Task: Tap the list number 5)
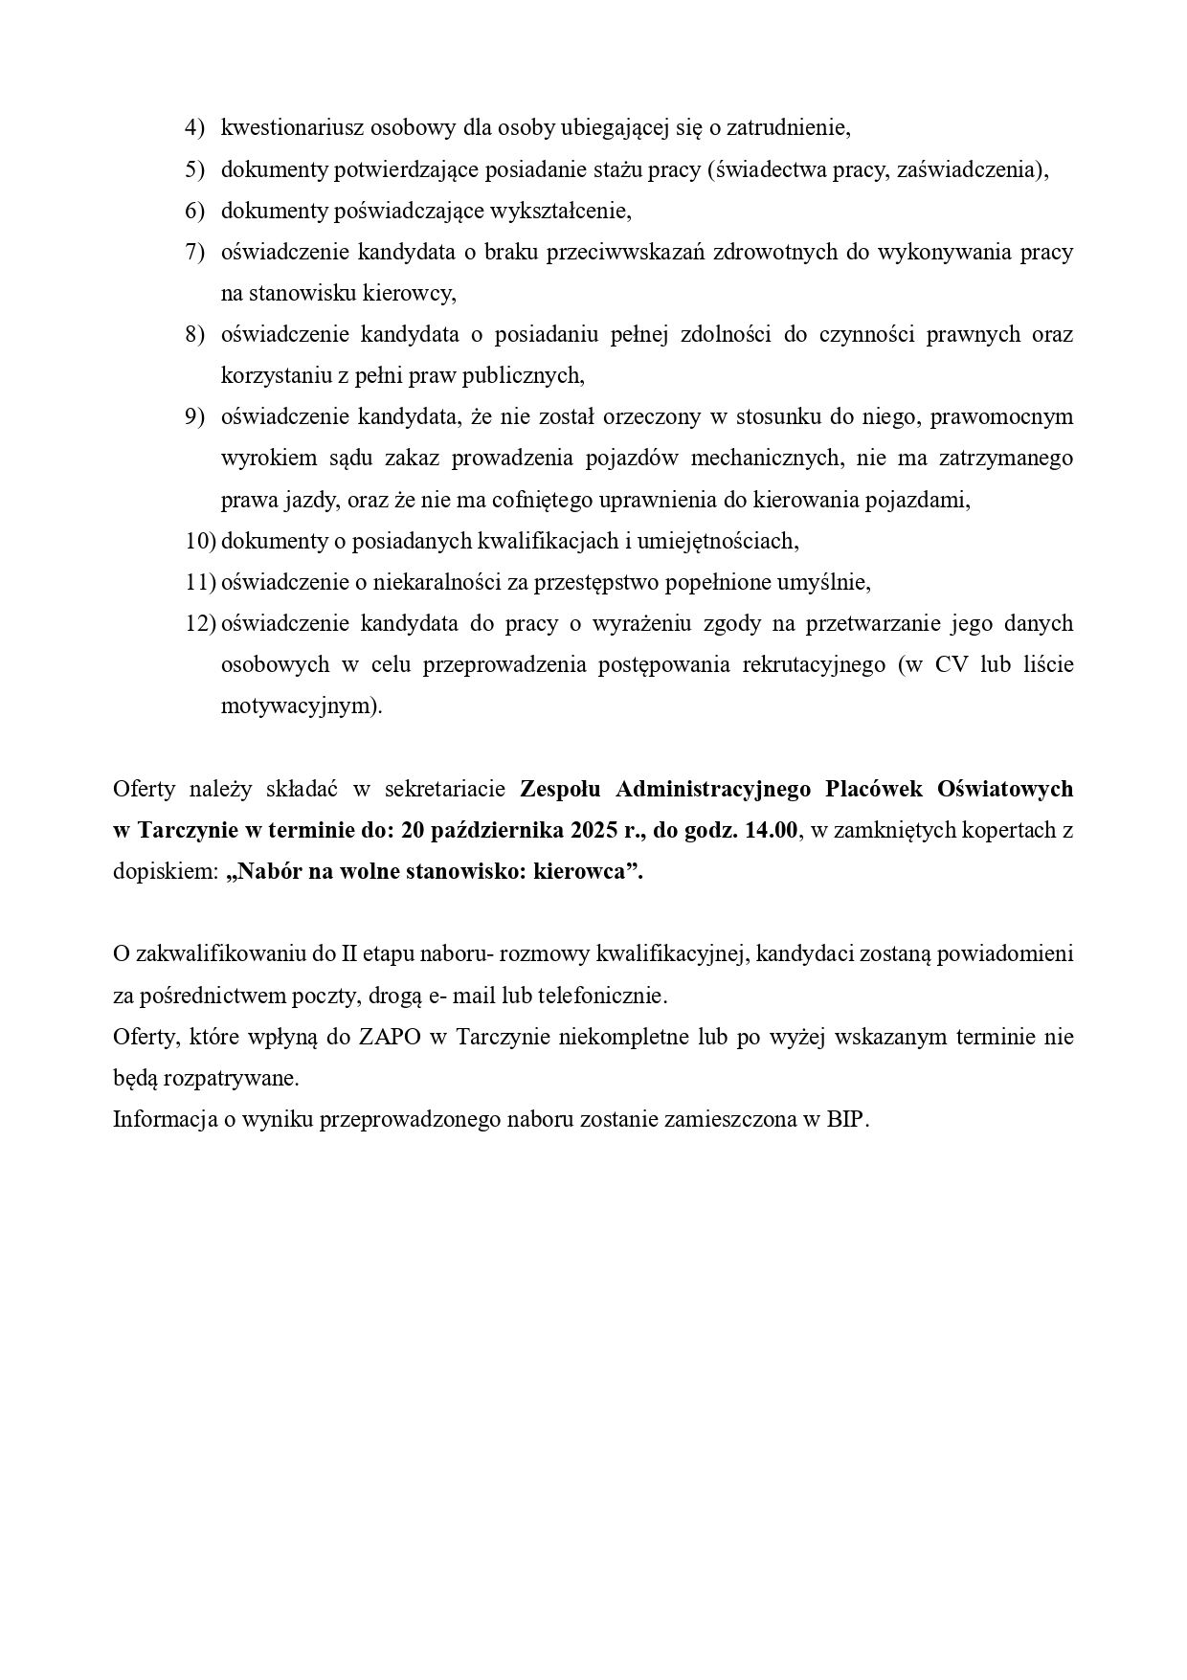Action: tap(194, 169)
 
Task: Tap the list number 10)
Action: tap(200, 541)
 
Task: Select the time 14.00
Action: tap(770, 830)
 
